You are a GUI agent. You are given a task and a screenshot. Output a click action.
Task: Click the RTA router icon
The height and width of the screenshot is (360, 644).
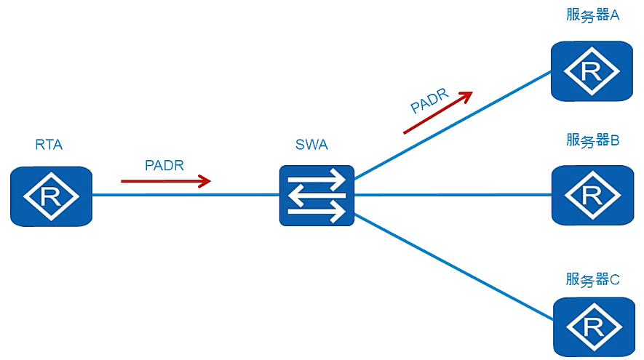pyautogui.click(x=52, y=196)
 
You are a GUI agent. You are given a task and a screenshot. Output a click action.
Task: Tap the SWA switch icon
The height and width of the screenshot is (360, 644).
pyautogui.click(x=317, y=196)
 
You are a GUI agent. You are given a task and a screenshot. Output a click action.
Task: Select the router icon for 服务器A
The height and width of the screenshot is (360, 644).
pyautogui.click(x=592, y=71)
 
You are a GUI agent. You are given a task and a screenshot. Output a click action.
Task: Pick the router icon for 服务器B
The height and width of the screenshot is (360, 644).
pyautogui.click(x=592, y=195)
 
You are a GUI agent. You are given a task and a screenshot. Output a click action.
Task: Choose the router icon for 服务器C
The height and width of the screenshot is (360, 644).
pyautogui.click(x=595, y=327)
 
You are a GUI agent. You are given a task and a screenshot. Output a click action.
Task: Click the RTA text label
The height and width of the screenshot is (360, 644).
pyautogui.click(x=49, y=145)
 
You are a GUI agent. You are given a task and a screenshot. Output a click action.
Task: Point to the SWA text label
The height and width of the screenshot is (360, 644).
pyautogui.click(x=311, y=145)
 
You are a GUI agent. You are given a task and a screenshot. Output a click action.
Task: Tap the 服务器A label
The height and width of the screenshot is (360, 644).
pyautogui.click(x=592, y=15)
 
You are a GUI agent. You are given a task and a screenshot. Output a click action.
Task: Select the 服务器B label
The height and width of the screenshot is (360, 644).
pyautogui.click(x=592, y=140)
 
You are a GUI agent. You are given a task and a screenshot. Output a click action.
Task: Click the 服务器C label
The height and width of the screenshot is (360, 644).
pyautogui.click(x=592, y=279)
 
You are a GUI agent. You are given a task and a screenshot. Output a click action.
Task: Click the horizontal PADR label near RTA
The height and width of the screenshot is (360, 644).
pyautogui.click(x=164, y=165)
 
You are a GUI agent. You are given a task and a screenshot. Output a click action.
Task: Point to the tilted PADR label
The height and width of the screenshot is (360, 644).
pyautogui.click(x=429, y=101)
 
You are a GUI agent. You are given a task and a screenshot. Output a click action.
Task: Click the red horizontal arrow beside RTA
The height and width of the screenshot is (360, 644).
pyautogui.click(x=166, y=181)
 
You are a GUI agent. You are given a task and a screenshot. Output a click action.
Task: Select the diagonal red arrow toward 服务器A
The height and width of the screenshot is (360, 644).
pyautogui.click(x=438, y=113)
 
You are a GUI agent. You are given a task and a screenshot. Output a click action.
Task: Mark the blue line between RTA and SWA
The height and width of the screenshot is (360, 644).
pyautogui.click(x=186, y=195)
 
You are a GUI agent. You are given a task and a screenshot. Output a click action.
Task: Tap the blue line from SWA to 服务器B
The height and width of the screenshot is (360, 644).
pyautogui.click(x=453, y=195)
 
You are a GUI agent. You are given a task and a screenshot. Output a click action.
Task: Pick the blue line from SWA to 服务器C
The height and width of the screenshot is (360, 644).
pyautogui.click(x=453, y=266)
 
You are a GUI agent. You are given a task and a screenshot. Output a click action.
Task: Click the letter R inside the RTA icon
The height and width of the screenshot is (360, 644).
pyautogui.click(x=50, y=196)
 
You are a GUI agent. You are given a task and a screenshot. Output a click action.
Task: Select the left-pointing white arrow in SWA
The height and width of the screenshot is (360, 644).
pyautogui.click(x=317, y=196)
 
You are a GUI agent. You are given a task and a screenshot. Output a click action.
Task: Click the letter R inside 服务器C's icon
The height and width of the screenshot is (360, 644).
pyautogui.click(x=594, y=327)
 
